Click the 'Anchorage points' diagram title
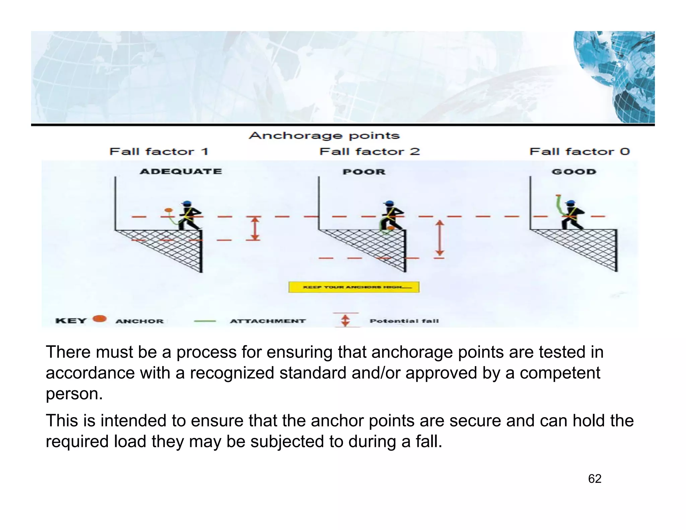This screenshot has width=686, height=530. pyautogui.click(x=324, y=136)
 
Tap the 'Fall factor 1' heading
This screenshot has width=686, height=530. pyautogui.click(x=159, y=152)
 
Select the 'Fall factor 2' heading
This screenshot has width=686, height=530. pyautogui.click(x=369, y=152)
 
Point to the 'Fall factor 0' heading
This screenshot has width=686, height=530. pyautogui.click(x=579, y=152)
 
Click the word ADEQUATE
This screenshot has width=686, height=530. pyautogui.click(x=181, y=172)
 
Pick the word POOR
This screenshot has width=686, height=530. pyautogui.click(x=364, y=172)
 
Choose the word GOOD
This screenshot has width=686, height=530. pyautogui.click(x=574, y=172)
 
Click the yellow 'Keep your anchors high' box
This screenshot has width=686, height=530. pyautogui.click(x=354, y=287)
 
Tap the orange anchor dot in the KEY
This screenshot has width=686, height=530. pyautogui.click(x=99, y=319)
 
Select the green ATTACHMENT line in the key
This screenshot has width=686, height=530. pyautogui.click(x=205, y=321)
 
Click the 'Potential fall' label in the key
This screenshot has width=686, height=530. pyautogui.click(x=404, y=321)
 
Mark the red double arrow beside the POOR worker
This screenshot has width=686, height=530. pyautogui.click(x=440, y=238)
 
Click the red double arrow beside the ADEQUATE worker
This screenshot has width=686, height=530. pyautogui.click(x=255, y=228)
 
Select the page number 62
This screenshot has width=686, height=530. pyautogui.click(x=595, y=479)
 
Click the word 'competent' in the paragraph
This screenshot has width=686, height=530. pyautogui.click(x=560, y=373)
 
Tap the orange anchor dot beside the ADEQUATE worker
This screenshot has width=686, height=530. pyautogui.click(x=168, y=210)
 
